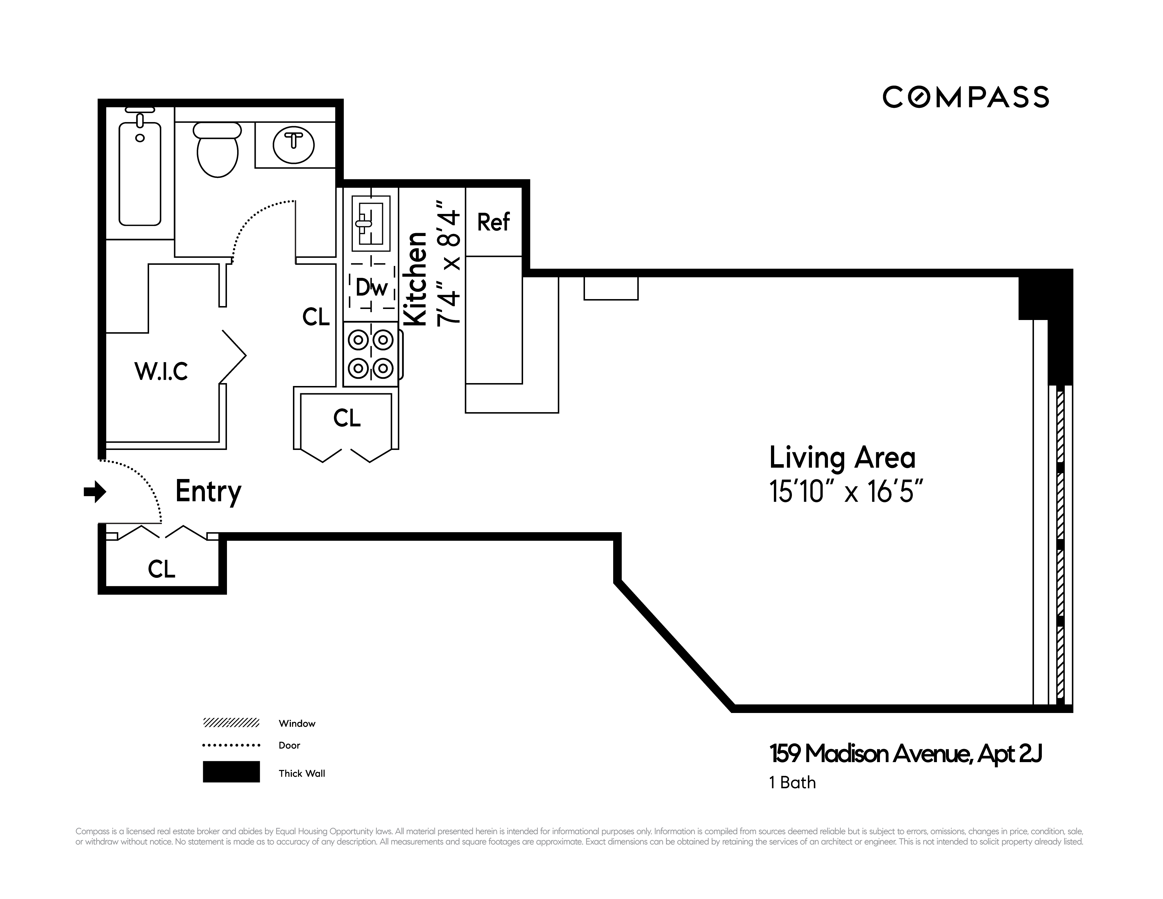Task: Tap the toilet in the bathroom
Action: [x=217, y=152]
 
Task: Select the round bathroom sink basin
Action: [x=294, y=144]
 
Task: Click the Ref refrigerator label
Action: [x=493, y=222]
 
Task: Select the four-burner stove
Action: [x=371, y=354]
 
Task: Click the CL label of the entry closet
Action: [x=161, y=569]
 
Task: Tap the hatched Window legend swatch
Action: [x=231, y=723]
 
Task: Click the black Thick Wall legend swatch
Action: [x=231, y=772]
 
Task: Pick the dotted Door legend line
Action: [x=231, y=745]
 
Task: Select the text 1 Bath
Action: [x=792, y=782]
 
